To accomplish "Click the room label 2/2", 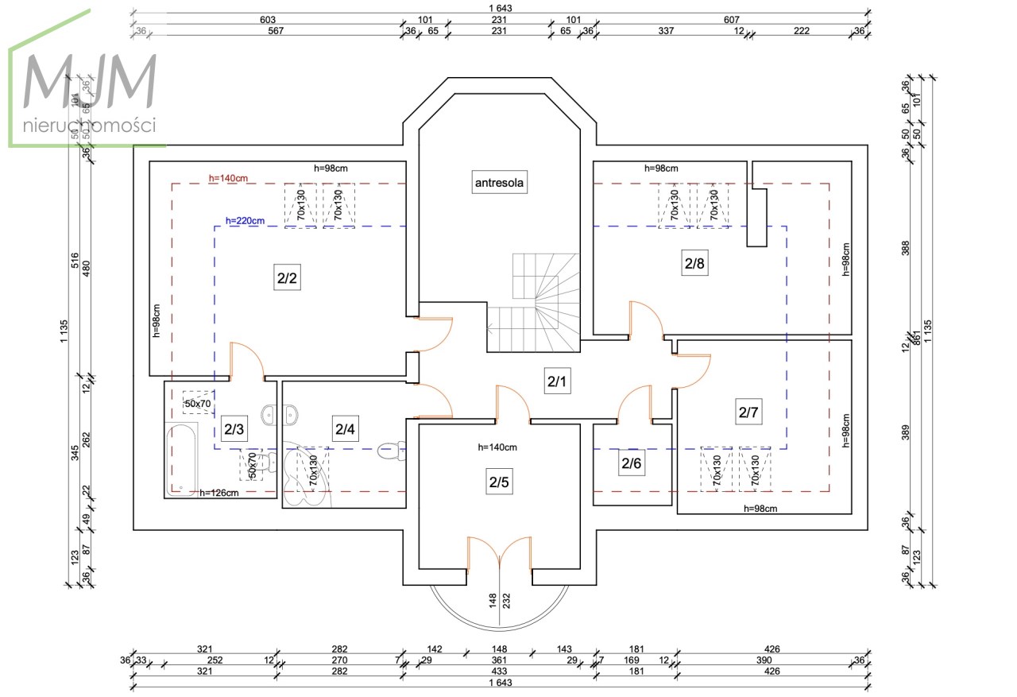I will click(287, 279).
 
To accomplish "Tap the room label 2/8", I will click(694, 264).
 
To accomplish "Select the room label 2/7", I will click(749, 412).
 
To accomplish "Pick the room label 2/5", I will click(498, 482).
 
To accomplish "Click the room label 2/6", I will click(631, 463).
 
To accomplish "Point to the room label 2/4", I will click(345, 429).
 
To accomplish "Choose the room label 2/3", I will click(234, 429).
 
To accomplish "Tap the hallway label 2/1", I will click(557, 382).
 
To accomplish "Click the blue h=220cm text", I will click(245, 221).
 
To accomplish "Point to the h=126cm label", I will click(218, 493).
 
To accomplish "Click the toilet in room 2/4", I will click(389, 451).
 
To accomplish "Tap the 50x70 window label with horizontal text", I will click(198, 404).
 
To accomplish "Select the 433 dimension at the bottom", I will click(498, 672).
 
